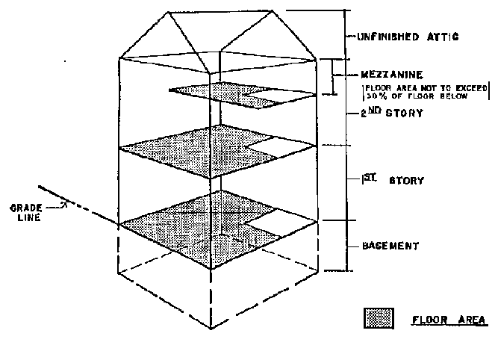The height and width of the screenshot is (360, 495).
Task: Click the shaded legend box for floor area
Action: point(379,318)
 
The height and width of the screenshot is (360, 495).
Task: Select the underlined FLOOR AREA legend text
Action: point(449,320)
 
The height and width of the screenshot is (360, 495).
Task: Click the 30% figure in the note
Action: point(374,96)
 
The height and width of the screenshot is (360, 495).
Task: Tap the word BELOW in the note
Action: point(452,96)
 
